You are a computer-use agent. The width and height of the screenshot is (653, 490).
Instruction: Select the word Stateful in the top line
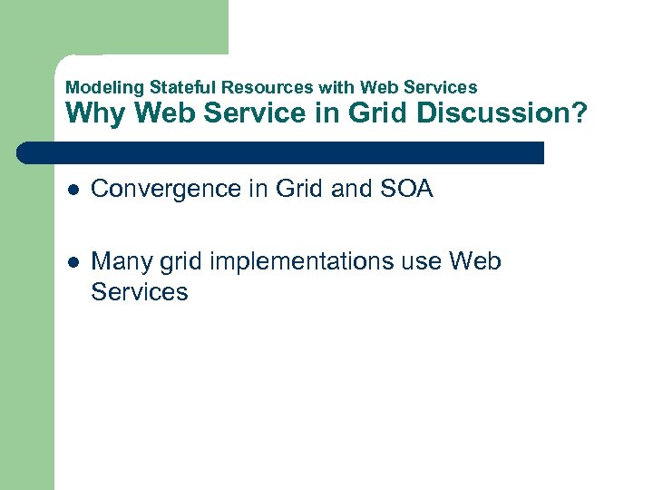pyautogui.click(x=178, y=88)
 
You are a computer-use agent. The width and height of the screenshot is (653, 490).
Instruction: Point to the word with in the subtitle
pyautogui.click(x=336, y=88)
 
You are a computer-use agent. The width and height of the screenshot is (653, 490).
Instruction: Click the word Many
pyautogui.click(x=118, y=262)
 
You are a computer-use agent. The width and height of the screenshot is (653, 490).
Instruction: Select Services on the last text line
pyautogui.click(x=140, y=292)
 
